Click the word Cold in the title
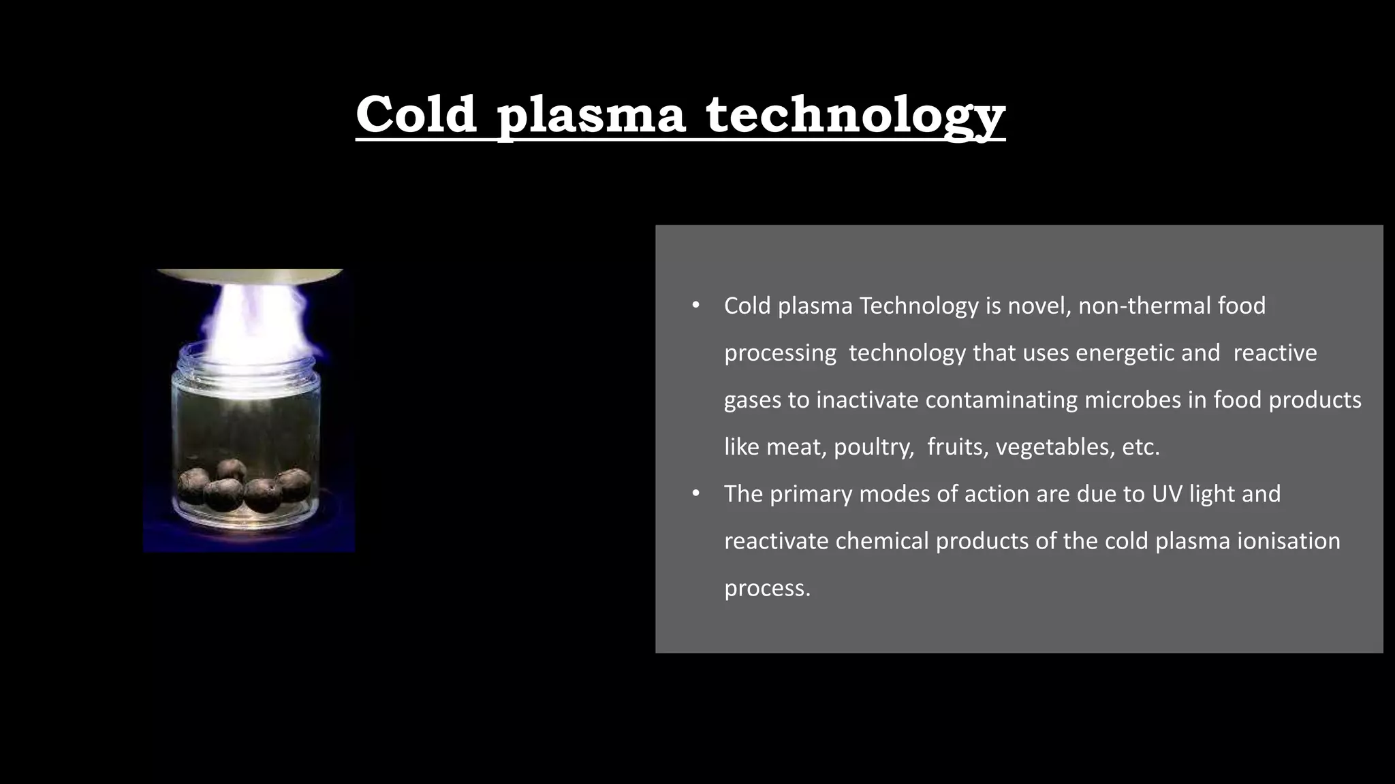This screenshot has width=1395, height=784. tap(416, 114)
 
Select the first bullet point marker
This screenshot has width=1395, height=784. tap(695, 306)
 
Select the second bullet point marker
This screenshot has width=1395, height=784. tap(695, 493)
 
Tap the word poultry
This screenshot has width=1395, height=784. tap(873, 447)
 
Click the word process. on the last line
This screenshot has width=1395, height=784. tap(767, 588)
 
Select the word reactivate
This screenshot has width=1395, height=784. tap(776, 541)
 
